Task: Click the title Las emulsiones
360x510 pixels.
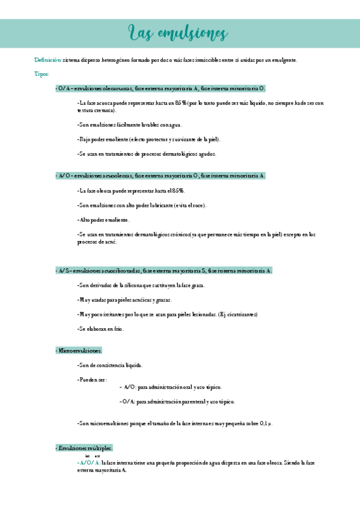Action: pos(178,32)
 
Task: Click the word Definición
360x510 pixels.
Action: pos(47,60)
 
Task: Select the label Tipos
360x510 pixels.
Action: pos(42,74)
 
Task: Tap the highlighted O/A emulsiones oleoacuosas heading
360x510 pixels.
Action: pos(160,88)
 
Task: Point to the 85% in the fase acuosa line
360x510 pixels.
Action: pos(179,103)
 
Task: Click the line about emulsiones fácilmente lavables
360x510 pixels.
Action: pos(129,125)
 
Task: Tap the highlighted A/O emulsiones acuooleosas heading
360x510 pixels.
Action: pos(160,176)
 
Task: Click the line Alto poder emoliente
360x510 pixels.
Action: pos(103,220)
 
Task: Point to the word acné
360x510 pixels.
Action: pos(109,242)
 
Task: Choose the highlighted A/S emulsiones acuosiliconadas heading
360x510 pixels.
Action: pos(163,271)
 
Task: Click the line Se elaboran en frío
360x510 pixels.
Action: pos(100,328)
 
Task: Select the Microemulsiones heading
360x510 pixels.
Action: pos(79,350)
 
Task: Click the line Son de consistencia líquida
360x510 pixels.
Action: pos(110,365)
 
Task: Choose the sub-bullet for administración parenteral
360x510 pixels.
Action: pos(177,402)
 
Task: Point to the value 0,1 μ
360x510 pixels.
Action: pos(266,424)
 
